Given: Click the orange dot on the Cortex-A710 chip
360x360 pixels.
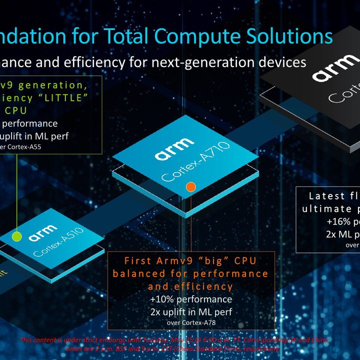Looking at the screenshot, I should (x=190, y=187).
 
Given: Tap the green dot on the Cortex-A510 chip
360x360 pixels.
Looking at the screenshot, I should (x=16, y=234).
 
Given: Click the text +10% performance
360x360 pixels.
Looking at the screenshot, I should (x=191, y=299).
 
